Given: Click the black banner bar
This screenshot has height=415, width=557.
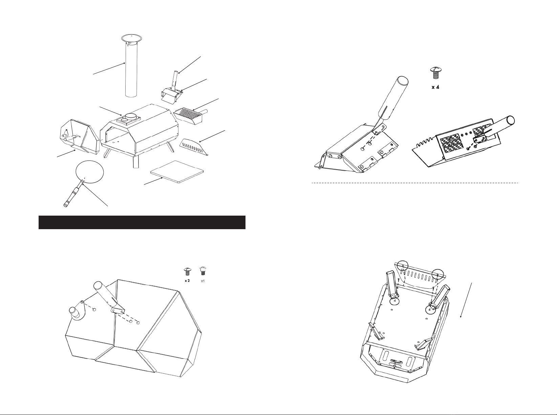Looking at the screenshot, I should [142, 222].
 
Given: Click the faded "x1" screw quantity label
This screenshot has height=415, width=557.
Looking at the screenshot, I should [203, 281].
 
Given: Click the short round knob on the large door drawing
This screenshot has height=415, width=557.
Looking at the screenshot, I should [75, 310].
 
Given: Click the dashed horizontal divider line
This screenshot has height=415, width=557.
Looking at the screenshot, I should [415, 183].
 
